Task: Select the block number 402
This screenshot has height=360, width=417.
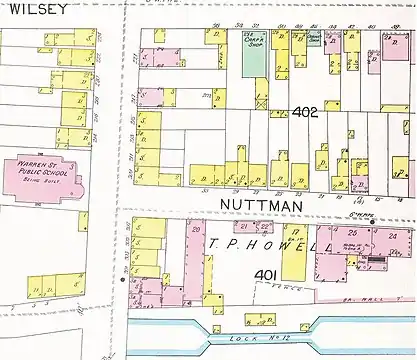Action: point(305,113)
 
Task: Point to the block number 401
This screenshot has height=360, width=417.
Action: point(265,274)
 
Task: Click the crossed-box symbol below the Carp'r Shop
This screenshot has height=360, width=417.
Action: point(263,101)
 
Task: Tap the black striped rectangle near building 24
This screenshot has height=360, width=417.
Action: point(376,262)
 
